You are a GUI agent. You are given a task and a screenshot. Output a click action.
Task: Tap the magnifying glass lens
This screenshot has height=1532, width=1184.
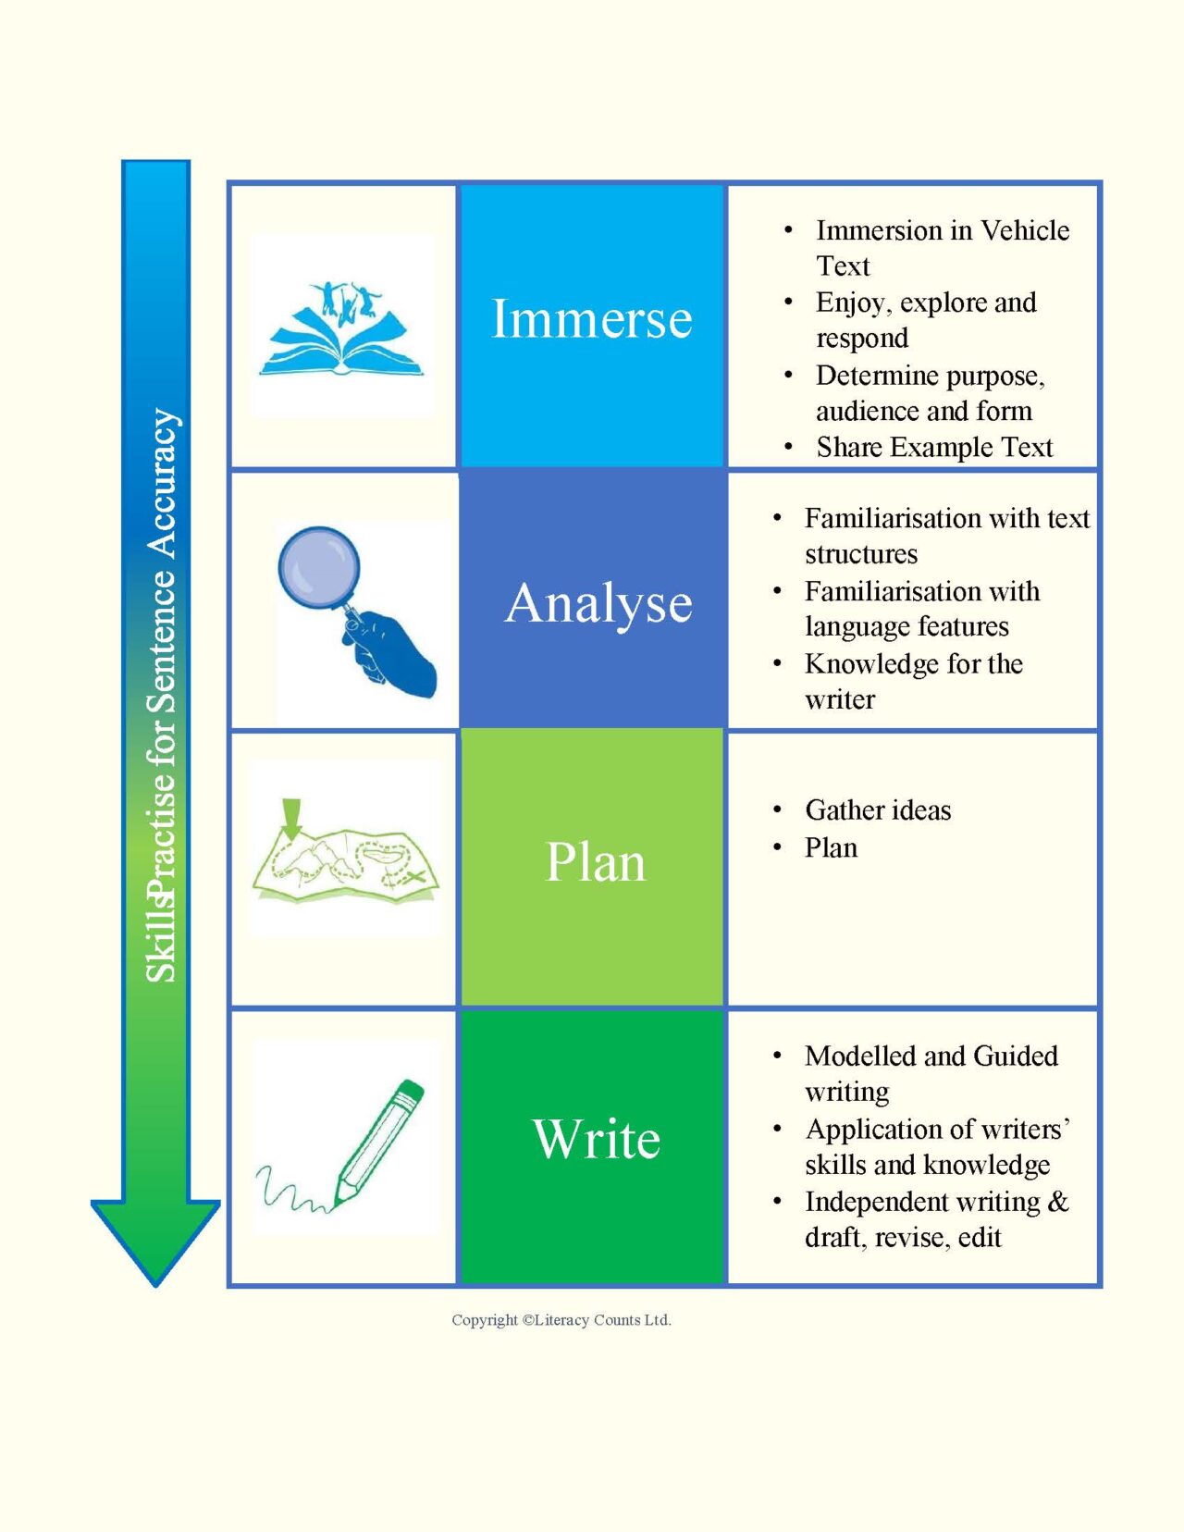tap(318, 566)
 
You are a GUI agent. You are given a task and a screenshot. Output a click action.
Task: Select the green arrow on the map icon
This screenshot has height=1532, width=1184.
tap(291, 819)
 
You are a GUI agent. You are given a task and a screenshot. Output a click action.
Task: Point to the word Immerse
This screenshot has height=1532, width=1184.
tap(591, 318)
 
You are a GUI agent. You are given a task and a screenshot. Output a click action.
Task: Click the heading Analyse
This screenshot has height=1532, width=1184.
tap(598, 604)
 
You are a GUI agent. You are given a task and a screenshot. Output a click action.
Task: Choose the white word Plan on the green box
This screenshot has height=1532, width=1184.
tap(595, 862)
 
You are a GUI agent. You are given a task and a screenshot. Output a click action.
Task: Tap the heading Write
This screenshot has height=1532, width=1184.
tap(597, 1139)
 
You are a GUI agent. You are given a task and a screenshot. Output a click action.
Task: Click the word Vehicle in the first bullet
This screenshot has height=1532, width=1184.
tap(1025, 230)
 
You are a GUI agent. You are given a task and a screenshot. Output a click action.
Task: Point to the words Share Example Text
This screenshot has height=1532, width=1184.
tap(934, 447)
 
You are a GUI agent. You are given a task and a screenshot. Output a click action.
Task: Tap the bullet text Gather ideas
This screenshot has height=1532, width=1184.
tap(878, 810)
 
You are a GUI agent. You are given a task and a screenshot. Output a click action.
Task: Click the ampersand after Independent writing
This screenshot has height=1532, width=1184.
tap(1058, 1202)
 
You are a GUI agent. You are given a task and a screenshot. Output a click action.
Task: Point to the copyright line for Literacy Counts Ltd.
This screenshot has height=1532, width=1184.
tap(561, 1320)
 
